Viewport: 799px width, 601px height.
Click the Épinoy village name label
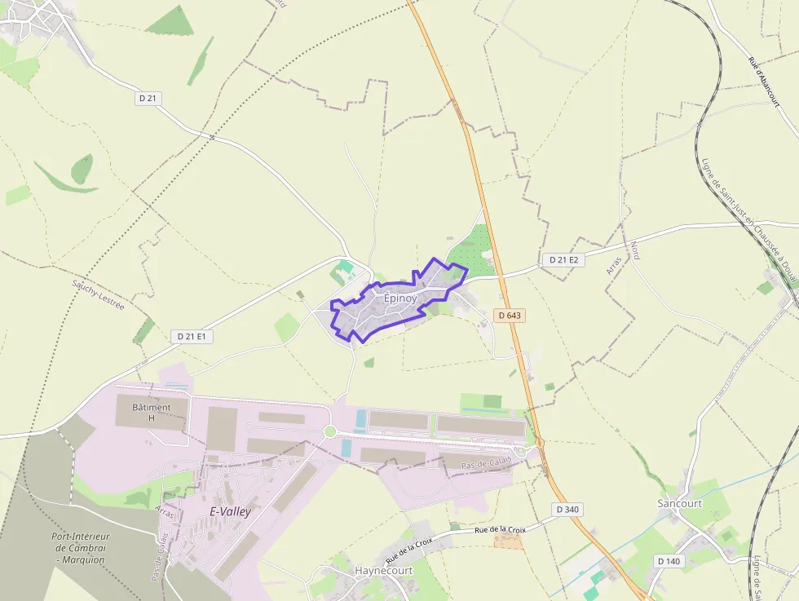coord(400,298)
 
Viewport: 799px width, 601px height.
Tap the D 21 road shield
coord(148,98)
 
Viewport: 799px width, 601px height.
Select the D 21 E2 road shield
coord(563,259)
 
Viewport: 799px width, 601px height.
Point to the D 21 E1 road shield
coord(192,336)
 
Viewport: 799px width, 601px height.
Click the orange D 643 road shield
coord(509,315)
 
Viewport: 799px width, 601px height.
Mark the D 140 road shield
coord(668,561)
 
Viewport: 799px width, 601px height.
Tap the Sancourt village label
coord(679,503)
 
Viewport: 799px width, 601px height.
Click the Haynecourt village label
coord(384,571)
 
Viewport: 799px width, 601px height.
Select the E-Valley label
coord(231,512)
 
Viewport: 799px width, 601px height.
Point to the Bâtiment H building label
coord(152,413)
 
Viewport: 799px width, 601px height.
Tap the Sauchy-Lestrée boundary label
coord(98,294)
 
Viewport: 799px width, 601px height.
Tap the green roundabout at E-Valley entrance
coord(330,431)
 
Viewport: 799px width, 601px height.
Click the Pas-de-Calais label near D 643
coord(486,462)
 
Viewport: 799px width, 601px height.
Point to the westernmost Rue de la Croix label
coord(409,552)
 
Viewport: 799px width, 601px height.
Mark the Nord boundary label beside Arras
coord(634,250)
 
